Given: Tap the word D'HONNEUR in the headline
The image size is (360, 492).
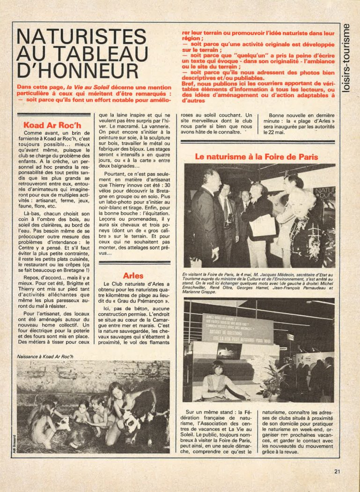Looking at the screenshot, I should click(78, 70).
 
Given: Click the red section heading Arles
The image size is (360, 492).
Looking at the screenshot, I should click(133, 276).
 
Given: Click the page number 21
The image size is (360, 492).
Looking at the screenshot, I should click(338, 471).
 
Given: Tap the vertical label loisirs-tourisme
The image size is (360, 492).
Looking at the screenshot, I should click(346, 58).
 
